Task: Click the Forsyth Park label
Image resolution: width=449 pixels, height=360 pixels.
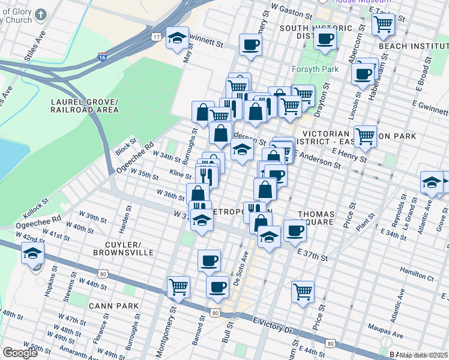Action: (x=315, y=69)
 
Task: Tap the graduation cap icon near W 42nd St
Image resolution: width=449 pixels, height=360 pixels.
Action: (x=34, y=254)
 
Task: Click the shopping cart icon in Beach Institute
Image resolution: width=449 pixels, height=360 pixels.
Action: (x=382, y=23)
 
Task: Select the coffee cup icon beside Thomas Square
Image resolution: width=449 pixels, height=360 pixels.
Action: (x=294, y=230)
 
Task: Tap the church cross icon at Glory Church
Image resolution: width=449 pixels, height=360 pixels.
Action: (x=40, y=14)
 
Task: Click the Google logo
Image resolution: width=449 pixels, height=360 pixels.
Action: (x=20, y=353)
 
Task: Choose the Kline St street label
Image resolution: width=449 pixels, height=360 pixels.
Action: (x=180, y=174)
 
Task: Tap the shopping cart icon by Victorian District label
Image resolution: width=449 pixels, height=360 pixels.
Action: (x=364, y=136)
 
